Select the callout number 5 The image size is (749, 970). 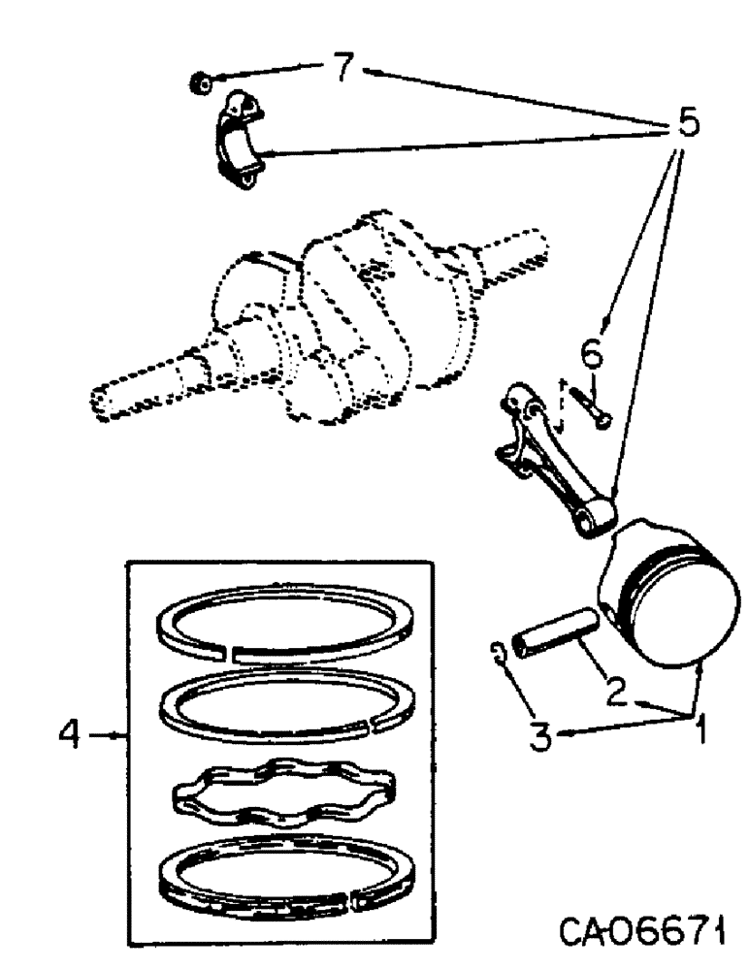pyautogui.click(x=686, y=125)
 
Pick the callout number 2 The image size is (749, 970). pyautogui.click(x=615, y=691)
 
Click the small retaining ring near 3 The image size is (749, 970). pyautogui.click(x=498, y=656)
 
